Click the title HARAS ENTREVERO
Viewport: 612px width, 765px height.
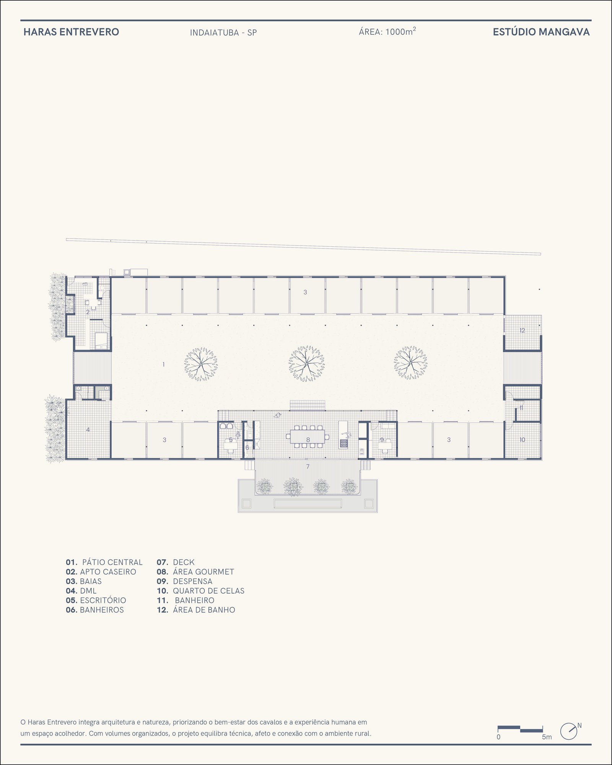click(71, 32)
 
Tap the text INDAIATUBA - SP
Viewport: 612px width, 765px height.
click(223, 33)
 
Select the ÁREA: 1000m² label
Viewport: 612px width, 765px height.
click(387, 31)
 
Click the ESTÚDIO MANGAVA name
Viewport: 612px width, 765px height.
click(541, 32)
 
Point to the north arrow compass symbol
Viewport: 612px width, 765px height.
click(569, 731)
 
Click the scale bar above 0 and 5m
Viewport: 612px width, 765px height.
click(520, 729)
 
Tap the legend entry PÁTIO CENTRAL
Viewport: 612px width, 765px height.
click(112, 562)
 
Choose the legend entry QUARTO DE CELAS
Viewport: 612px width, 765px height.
click(208, 591)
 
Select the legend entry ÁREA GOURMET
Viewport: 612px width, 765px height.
click(203, 572)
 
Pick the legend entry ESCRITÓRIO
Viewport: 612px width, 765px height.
click(103, 601)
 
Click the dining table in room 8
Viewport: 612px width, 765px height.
click(308, 436)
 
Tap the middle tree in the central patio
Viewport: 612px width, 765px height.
click(306, 363)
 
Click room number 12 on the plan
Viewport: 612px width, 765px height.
click(522, 330)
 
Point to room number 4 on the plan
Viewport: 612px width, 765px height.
click(88, 430)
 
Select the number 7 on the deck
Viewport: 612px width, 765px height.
click(308, 466)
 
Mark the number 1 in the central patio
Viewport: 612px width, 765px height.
click(164, 365)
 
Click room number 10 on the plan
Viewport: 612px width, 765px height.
click(522, 440)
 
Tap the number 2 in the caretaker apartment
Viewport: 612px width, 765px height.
click(88, 312)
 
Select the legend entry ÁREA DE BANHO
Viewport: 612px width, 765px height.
click(204, 610)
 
